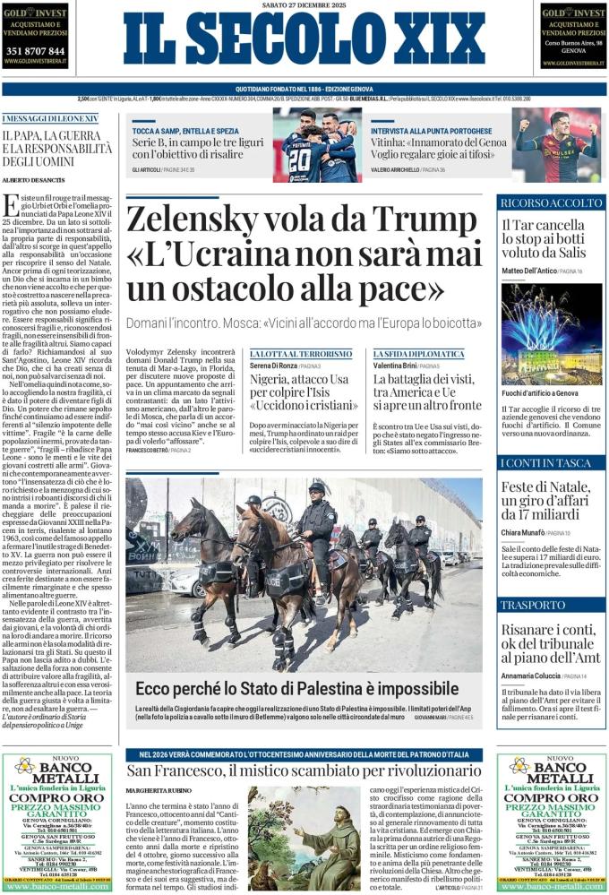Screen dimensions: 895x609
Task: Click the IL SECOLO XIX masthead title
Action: click(304, 40)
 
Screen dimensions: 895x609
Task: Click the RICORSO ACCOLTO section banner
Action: click(551, 202)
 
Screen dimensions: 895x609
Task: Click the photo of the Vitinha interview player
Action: click(556, 144)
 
